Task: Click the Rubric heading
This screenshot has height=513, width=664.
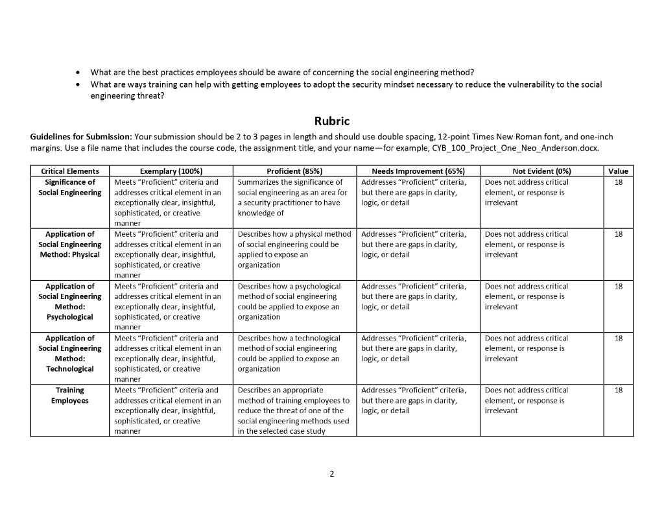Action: point(331,121)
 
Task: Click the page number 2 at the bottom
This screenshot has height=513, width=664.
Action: point(331,474)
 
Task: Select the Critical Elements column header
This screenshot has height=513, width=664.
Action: point(70,171)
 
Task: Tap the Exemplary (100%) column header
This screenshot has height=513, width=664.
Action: point(171,171)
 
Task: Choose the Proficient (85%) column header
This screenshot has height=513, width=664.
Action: point(294,171)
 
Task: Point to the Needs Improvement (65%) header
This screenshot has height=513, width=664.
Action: point(418,171)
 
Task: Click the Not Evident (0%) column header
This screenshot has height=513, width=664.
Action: point(541,171)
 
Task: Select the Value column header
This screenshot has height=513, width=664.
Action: point(618,171)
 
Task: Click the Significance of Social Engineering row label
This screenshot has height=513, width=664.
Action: point(70,187)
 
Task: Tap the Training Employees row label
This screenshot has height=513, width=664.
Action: point(70,395)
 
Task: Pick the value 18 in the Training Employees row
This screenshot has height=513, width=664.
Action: point(618,390)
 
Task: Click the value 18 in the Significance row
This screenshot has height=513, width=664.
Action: point(618,182)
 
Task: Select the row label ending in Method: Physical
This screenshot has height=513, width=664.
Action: point(70,245)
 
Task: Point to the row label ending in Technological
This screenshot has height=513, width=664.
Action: point(70,353)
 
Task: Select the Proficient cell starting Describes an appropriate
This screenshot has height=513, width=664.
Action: point(294,411)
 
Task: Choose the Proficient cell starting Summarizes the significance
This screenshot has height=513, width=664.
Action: point(294,198)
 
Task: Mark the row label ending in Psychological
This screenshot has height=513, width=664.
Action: point(70,302)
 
